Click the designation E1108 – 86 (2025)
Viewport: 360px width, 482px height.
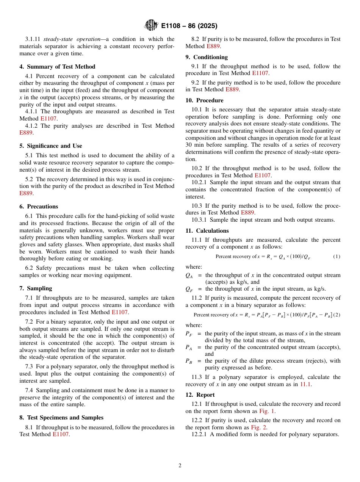189,26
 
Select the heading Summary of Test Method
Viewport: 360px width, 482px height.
57,67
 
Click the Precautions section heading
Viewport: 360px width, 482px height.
39,207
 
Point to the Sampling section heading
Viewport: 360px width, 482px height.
36,288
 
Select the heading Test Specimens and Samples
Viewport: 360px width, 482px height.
61,418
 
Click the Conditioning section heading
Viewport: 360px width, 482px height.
207,57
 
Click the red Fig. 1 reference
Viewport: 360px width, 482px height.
267,411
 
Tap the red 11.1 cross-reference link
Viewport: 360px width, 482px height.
305,384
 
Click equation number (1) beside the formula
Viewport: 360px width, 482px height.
337,257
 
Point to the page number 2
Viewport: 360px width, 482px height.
180,466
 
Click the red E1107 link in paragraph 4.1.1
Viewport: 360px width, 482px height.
49,119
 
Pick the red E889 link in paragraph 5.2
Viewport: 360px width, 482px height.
26,193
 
